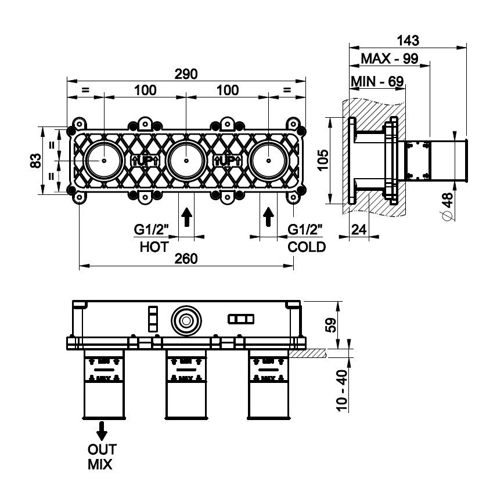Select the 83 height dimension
(35, 160)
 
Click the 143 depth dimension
(408, 40)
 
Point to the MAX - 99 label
(390, 59)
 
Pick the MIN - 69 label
(377, 81)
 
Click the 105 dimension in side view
(323, 160)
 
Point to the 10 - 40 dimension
(343, 392)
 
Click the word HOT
(154, 247)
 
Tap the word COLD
(307, 247)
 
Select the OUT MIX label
(101, 456)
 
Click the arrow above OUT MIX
(102, 431)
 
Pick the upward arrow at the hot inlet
(186, 217)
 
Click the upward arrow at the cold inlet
(268, 217)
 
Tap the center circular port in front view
(186, 160)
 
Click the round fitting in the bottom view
(186, 320)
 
